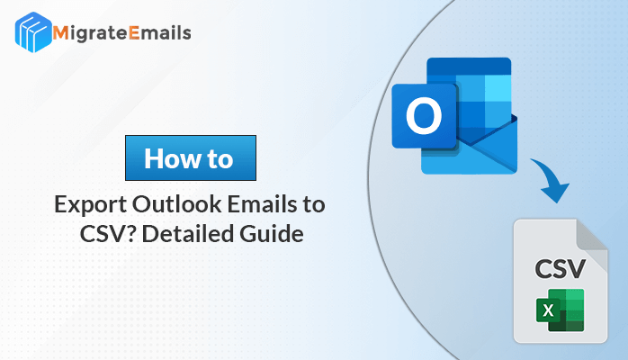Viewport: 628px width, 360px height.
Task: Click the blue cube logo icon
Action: click(x=33, y=32)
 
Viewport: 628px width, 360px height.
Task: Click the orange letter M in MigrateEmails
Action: click(x=60, y=33)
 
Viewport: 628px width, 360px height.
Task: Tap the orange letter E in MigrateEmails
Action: click(x=134, y=33)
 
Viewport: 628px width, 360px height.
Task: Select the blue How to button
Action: click(x=191, y=157)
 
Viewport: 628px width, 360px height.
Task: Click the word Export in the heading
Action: click(x=91, y=205)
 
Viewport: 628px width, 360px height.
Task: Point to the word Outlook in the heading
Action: click(x=176, y=204)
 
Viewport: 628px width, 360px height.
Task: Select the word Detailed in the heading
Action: click(x=187, y=234)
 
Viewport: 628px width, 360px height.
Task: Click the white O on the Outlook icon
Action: click(x=424, y=116)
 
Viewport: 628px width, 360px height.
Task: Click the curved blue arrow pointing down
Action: click(x=555, y=176)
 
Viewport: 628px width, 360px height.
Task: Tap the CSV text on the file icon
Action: click(x=560, y=269)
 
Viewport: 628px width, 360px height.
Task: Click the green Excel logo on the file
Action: click(x=561, y=310)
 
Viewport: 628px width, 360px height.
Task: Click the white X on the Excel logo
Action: click(x=548, y=310)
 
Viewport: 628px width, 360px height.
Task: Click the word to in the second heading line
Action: click(x=314, y=204)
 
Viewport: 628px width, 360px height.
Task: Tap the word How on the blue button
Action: click(x=173, y=158)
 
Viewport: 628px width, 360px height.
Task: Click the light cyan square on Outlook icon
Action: click(x=498, y=88)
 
